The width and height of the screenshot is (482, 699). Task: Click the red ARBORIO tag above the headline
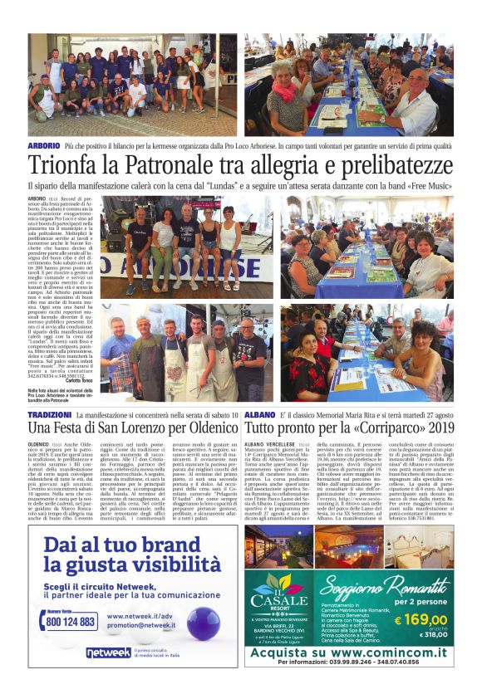43,145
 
